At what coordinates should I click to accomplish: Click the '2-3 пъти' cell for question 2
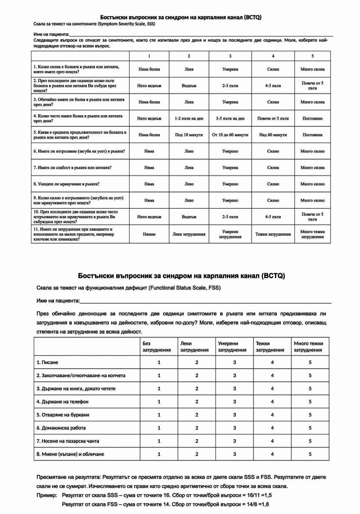[x=230, y=85]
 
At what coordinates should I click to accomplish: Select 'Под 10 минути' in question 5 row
[x=189, y=134]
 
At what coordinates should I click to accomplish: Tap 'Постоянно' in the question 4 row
[x=312, y=118]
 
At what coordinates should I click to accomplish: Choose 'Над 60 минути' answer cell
[x=273, y=134]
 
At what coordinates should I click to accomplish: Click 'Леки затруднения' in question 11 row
[x=189, y=234]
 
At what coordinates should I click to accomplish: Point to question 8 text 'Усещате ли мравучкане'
[x=67, y=184]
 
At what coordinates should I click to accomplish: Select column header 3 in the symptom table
[x=230, y=56]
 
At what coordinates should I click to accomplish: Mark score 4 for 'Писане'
[x=272, y=362]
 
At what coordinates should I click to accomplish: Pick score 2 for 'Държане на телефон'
[x=197, y=402]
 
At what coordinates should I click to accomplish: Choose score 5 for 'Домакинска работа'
[x=310, y=428]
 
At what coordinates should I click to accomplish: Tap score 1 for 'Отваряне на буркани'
[x=159, y=415]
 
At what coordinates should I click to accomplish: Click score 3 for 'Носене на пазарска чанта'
[x=234, y=441]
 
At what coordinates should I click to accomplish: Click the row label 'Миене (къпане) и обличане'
[x=70, y=454]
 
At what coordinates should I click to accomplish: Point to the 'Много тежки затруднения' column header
[x=308, y=347]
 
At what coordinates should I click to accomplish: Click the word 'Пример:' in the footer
[x=47, y=495]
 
